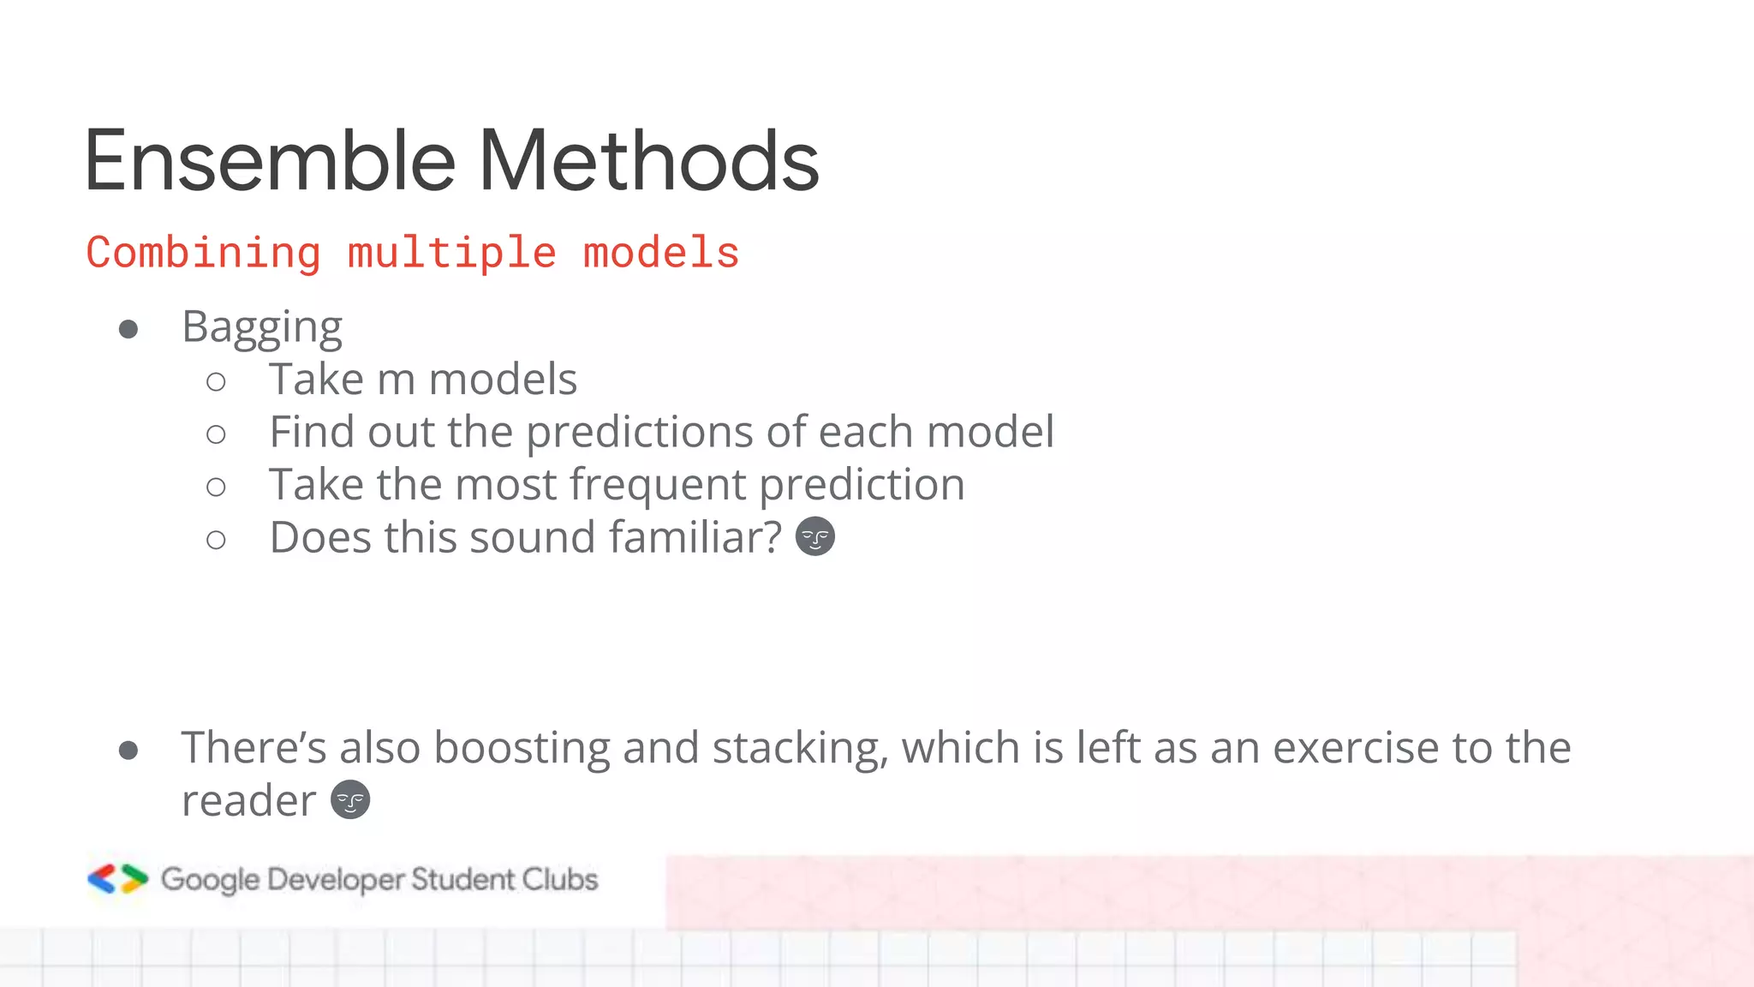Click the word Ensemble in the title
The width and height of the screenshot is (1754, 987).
click(270, 161)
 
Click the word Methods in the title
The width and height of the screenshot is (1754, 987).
click(648, 161)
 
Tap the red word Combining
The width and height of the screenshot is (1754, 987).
click(204, 254)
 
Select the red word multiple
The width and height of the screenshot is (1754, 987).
click(452, 254)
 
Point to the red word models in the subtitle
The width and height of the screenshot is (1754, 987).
click(661, 254)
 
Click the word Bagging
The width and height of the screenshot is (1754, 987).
click(262, 328)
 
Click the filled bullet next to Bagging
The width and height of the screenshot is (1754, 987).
click(128, 329)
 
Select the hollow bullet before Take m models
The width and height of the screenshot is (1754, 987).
click(216, 381)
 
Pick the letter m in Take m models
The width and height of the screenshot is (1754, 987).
click(396, 380)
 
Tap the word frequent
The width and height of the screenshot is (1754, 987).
click(658, 486)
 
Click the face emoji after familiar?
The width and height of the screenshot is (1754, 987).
click(814, 537)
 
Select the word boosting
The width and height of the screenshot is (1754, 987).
click(522, 748)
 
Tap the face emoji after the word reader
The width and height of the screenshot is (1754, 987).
click(350, 800)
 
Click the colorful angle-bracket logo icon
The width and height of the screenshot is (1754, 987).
click(118, 879)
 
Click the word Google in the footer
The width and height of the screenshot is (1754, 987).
click(210, 880)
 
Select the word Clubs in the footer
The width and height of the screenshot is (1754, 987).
click(560, 879)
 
